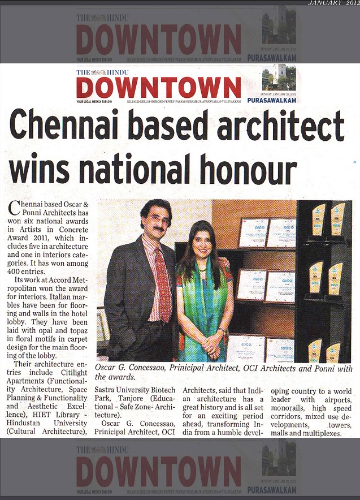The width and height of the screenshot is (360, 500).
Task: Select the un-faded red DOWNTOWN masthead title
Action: tap(159, 88)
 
